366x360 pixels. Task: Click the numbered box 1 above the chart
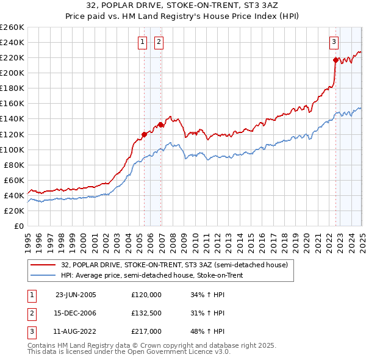142,42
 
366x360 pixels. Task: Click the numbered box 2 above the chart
158,42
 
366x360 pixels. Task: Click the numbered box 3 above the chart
334,42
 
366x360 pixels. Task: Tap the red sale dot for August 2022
335,60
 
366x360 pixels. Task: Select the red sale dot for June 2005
144,134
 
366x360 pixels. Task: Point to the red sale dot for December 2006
160,124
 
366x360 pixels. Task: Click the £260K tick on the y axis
12,27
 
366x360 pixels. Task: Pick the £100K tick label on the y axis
12,149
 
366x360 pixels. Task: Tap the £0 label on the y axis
19,226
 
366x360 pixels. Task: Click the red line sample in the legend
43,265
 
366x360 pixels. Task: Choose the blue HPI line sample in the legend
43,276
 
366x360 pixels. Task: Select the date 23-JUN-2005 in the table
76,294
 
